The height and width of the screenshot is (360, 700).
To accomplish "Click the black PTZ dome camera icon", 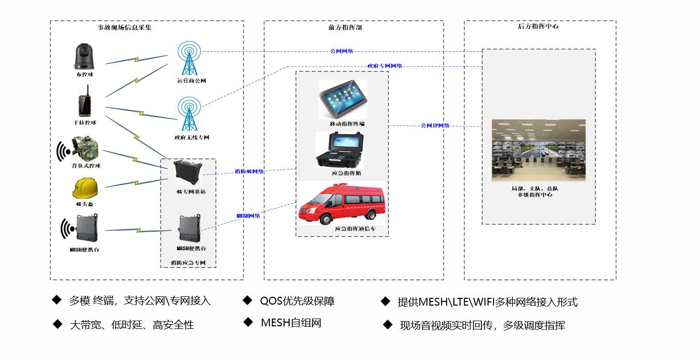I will [84, 56].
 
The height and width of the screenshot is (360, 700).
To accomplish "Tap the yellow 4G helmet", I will [84, 188].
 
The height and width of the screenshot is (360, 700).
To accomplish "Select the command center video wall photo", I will [538, 150].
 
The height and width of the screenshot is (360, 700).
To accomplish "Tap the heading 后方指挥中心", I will [538, 26].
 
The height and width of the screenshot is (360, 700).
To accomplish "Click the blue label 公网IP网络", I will [435, 125].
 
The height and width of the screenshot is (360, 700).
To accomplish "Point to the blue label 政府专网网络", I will [384, 66].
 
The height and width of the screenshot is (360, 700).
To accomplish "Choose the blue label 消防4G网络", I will [249, 171].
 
